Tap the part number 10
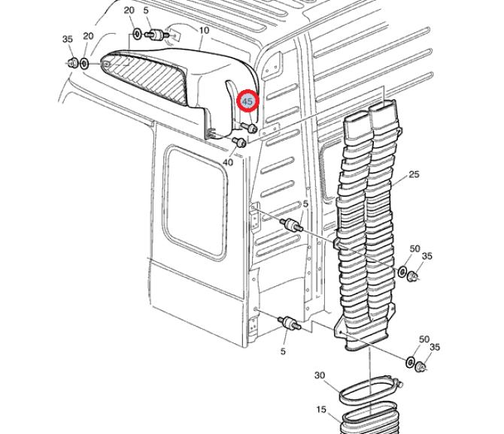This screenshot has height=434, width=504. [203, 30]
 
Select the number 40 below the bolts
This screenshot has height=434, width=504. [228, 161]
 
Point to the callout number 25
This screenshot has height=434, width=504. [414, 175]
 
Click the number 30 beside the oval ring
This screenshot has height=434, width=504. [320, 375]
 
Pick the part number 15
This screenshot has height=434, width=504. [321, 410]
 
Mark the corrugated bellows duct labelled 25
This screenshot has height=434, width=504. [369, 225]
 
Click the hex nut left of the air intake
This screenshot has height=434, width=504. [71, 63]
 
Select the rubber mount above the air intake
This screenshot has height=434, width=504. [156, 35]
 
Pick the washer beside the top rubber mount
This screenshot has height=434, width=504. [138, 34]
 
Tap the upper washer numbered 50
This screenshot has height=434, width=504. [404, 271]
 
